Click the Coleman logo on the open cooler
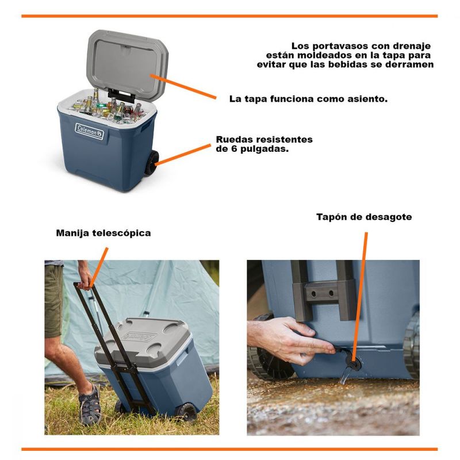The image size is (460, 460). pos(90,131)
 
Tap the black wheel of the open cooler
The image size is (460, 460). pos(151,163)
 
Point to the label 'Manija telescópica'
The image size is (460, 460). pos(103,233)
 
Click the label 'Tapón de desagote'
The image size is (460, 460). pos(364,217)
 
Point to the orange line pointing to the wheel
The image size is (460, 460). pos(183,155)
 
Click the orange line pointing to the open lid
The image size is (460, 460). pos(183,86)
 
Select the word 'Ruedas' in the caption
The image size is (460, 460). pos(235,139)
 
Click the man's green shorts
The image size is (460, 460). pos(53,298)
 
